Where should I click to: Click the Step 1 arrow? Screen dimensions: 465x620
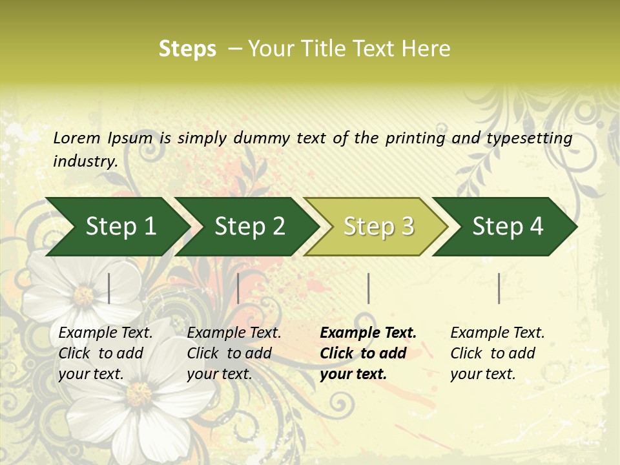[x=120, y=227]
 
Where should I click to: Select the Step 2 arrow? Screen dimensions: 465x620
[x=249, y=227]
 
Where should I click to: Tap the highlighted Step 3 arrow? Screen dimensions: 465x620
[x=378, y=227]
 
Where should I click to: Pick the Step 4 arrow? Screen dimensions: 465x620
[x=508, y=227]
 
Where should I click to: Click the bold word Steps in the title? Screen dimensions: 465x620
[x=187, y=49]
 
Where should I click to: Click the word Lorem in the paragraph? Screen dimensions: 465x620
[x=76, y=138]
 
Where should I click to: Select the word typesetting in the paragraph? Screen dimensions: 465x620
[x=529, y=138]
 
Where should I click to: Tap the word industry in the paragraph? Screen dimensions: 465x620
[x=85, y=161]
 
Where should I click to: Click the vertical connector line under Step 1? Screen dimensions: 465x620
[x=109, y=288]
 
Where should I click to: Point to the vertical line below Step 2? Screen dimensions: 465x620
[x=238, y=288]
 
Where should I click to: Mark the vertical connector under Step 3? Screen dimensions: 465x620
[x=368, y=288]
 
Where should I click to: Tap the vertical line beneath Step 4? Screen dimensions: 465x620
[x=499, y=288]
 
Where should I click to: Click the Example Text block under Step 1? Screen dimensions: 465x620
[x=105, y=353]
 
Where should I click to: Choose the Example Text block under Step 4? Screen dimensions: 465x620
[x=497, y=353]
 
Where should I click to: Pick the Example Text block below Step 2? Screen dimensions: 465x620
[x=234, y=353]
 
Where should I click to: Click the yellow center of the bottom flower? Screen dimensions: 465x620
[x=138, y=393]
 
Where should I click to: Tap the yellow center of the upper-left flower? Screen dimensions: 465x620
[x=84, y=296]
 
